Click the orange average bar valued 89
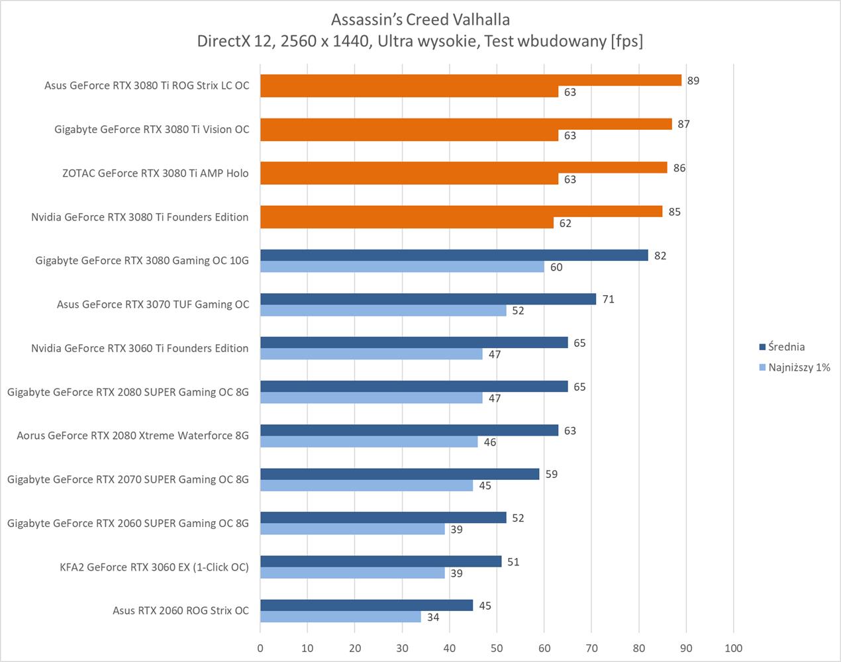coord(470,80)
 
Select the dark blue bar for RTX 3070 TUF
coord(428,299)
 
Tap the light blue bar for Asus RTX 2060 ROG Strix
coord(340,617)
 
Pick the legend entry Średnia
coord(786,347)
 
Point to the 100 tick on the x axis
coord(733,648)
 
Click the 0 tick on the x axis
coord(260,648)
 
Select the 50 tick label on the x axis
coord(497,648)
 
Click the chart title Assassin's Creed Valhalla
coord(420,19)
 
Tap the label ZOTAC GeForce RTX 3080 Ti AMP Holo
coord(156,173)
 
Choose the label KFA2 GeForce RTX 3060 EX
coord(154,567)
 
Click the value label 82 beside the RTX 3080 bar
coord(660,256)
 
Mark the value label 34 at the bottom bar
coord(433,617)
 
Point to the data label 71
coord(608,299)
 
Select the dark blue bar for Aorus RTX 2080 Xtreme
coord(409,430)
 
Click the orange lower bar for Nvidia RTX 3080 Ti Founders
coord(407,223)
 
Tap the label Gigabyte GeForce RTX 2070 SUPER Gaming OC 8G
coord(128,479)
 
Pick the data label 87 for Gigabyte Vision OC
coord(683,124)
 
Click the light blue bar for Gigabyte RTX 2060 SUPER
coord(352,529)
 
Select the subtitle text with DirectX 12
coord(420,41)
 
